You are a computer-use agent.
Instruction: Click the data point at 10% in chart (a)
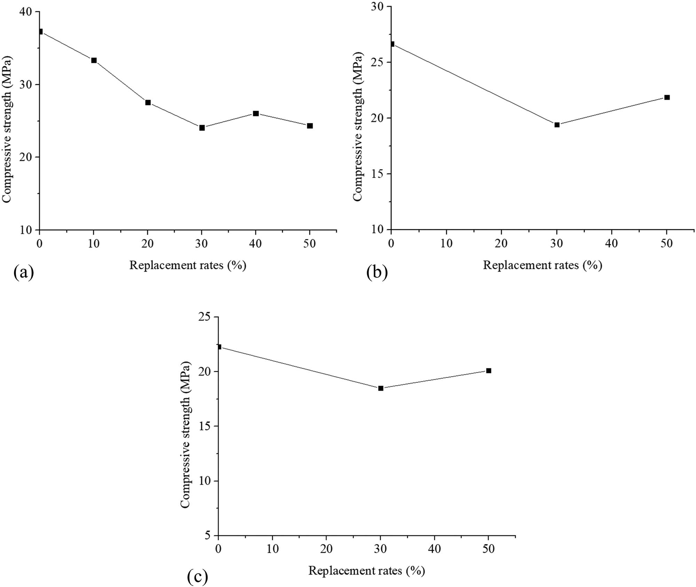(94, 60)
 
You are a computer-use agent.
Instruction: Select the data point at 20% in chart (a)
(148, 103)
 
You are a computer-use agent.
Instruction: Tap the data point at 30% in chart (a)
(202, 128)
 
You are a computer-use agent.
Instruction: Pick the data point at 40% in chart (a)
(256, 113)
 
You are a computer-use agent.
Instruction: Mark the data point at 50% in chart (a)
(310, 126)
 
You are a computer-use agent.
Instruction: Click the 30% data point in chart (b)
(557, 125)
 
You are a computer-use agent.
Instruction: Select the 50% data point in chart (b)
(667, 97)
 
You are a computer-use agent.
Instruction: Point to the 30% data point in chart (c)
(381, 388)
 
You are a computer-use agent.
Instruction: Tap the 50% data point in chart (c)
(489, 371)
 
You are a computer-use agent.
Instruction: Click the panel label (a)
(24, 272)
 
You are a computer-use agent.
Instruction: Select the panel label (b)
(377, 272)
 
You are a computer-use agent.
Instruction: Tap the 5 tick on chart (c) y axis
(208, 536)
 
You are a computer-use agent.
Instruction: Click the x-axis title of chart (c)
(366, 571)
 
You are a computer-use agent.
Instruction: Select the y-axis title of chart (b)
(358, 126)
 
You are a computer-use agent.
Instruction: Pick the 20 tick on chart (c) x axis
(326, 549)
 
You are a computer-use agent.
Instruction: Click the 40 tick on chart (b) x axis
(611, 243)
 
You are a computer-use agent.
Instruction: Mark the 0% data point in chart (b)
(392, 44)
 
